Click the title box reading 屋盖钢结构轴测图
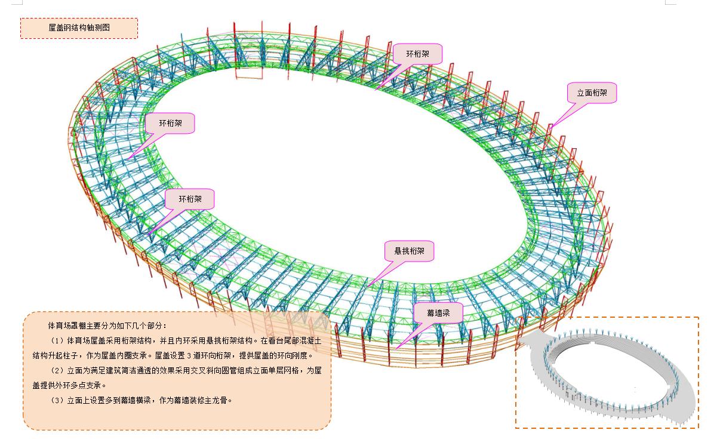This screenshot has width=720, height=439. pos(79,28)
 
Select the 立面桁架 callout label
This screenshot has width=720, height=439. pos(592,93)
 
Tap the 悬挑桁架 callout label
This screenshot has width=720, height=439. pos(409,251)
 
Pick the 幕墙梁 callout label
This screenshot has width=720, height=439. pos(438,312)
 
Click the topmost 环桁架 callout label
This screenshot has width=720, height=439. pos(417,54)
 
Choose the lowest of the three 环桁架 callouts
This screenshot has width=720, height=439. pos(189,199)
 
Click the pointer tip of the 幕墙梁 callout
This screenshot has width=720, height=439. pos(397,347)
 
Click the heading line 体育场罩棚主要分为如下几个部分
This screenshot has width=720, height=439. pos(107,326)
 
